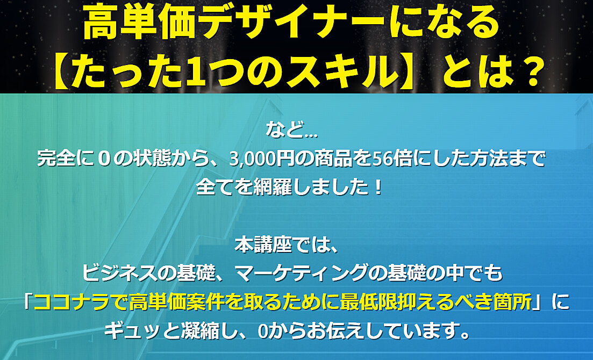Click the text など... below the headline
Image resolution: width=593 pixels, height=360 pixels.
tap(291, 129)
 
